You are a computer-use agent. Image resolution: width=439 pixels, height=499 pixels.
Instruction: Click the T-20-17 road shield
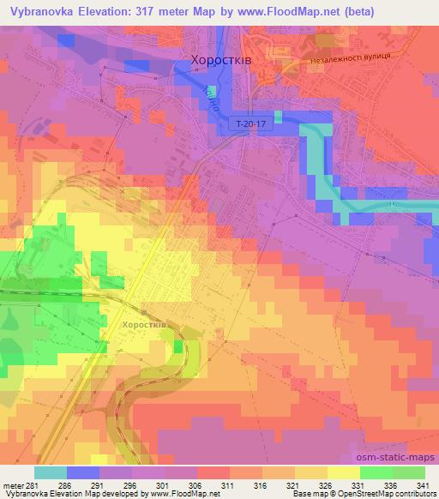(250, 124)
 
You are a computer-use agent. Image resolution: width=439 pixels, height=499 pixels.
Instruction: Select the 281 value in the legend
(35, 485)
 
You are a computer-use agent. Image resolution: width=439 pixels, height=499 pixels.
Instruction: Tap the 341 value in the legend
(424, 485)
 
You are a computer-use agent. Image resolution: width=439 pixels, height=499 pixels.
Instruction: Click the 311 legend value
(229, 485)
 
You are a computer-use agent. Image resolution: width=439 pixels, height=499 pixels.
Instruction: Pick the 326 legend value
(327, 485)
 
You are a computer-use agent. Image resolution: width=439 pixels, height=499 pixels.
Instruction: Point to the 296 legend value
(132, 485)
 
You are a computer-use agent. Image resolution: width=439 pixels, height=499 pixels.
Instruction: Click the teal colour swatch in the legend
(51, 472)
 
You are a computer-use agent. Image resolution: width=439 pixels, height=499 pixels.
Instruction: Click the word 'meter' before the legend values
(14, 485)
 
